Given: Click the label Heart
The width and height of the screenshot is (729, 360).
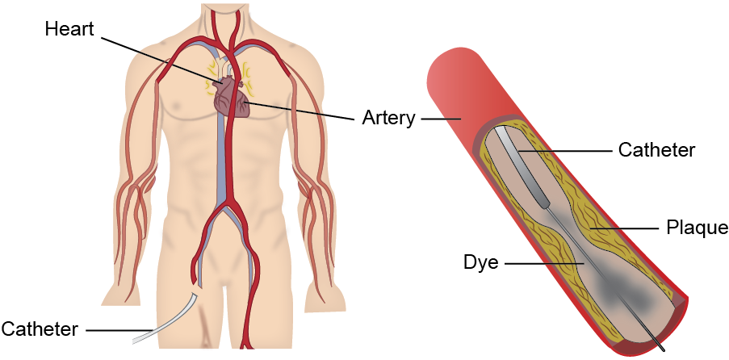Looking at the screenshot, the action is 69,30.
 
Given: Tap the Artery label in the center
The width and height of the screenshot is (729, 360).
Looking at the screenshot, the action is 388,118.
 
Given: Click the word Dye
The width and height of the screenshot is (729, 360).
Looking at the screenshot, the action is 481,262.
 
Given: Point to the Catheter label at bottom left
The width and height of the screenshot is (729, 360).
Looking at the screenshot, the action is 40,329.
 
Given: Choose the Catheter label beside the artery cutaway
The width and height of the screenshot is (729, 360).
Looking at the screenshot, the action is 656,150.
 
